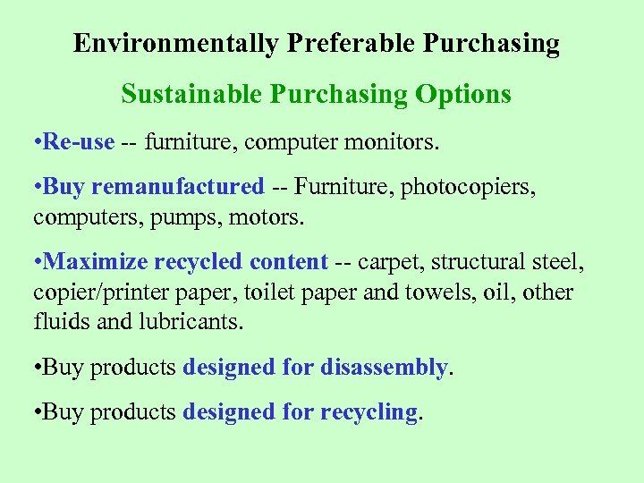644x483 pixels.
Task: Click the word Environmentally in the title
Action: (176, 43)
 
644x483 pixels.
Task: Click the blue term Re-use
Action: (78, 141)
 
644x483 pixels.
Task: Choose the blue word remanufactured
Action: (178, 187)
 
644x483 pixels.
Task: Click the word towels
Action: (420, 292)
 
